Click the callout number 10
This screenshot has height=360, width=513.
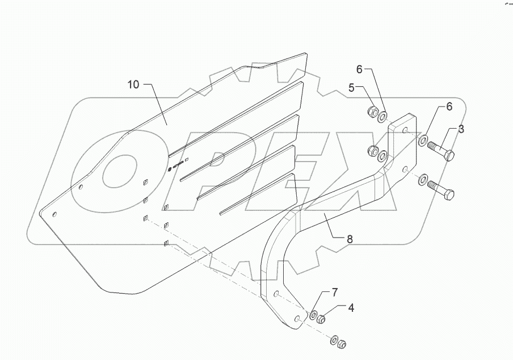click(x=133, y=85)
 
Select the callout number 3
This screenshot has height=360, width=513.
click(x=461, y=129)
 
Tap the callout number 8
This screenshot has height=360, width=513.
click(x=350, y=240)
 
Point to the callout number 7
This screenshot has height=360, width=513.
click(x=334, y=293)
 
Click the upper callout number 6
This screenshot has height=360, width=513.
click(x=359, y=69)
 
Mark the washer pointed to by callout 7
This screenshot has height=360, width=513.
click(x=313, y=314)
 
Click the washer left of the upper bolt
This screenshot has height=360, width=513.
click(x=424, y=139)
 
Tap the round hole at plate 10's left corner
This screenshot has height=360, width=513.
click(x=55, y=214)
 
